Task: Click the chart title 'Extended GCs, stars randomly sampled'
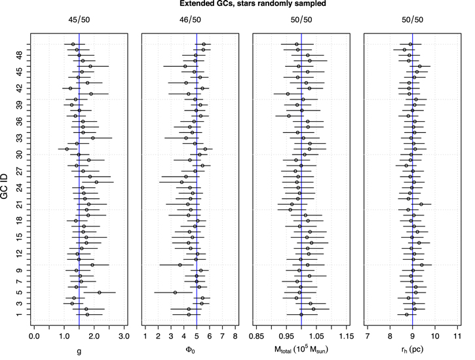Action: pyautogui.click(x=245, y=5)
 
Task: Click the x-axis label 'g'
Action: pyautogui.click(x=79, y=353)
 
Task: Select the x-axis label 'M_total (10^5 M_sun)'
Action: pyautogui.click(x=301, y=353)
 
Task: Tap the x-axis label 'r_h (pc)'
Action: pyautogui.click(x=412, y=353)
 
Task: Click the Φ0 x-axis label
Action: pyautogui.click(x=191, y=353)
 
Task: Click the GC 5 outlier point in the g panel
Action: pyautogui.click(x=100, y=292)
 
